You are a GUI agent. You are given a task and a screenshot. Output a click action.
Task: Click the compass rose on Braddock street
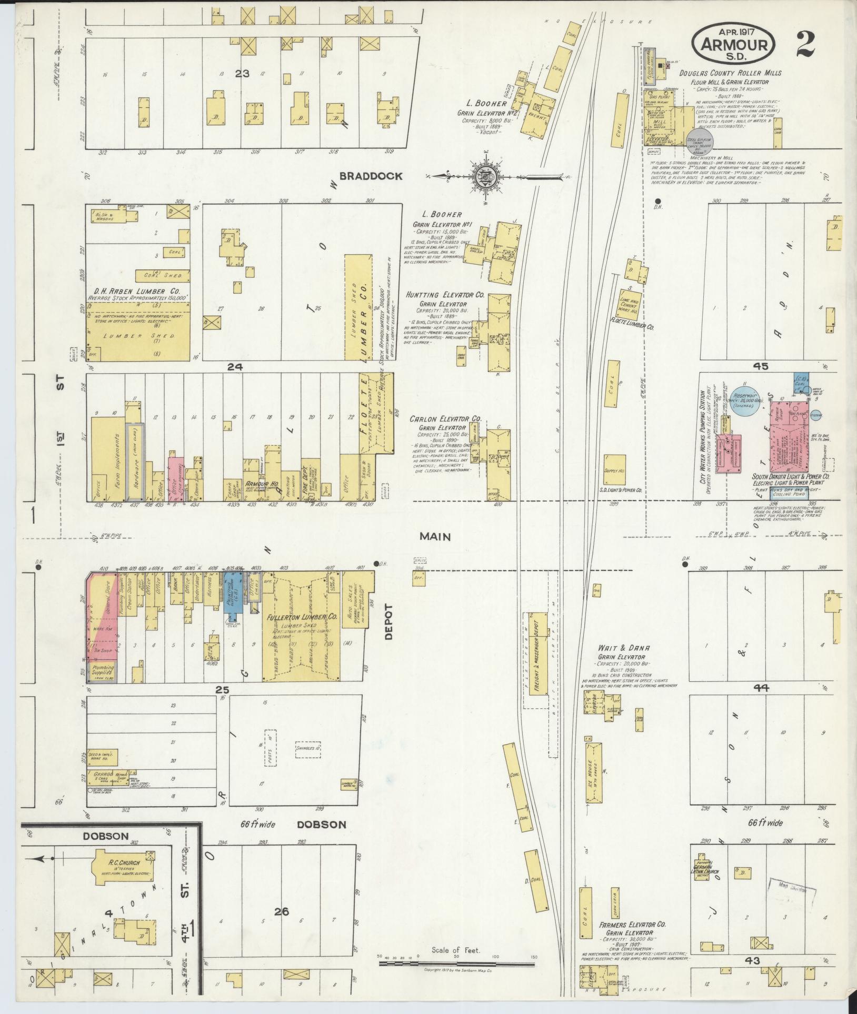coord(484,177)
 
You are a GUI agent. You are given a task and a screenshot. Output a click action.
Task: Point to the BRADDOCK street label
coord(371,176)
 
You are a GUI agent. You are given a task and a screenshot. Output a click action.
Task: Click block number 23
coord(242,74)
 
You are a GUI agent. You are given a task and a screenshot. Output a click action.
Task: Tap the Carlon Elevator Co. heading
coord(446,419)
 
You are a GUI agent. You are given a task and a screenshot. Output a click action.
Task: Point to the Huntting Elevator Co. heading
coord(445,296)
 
